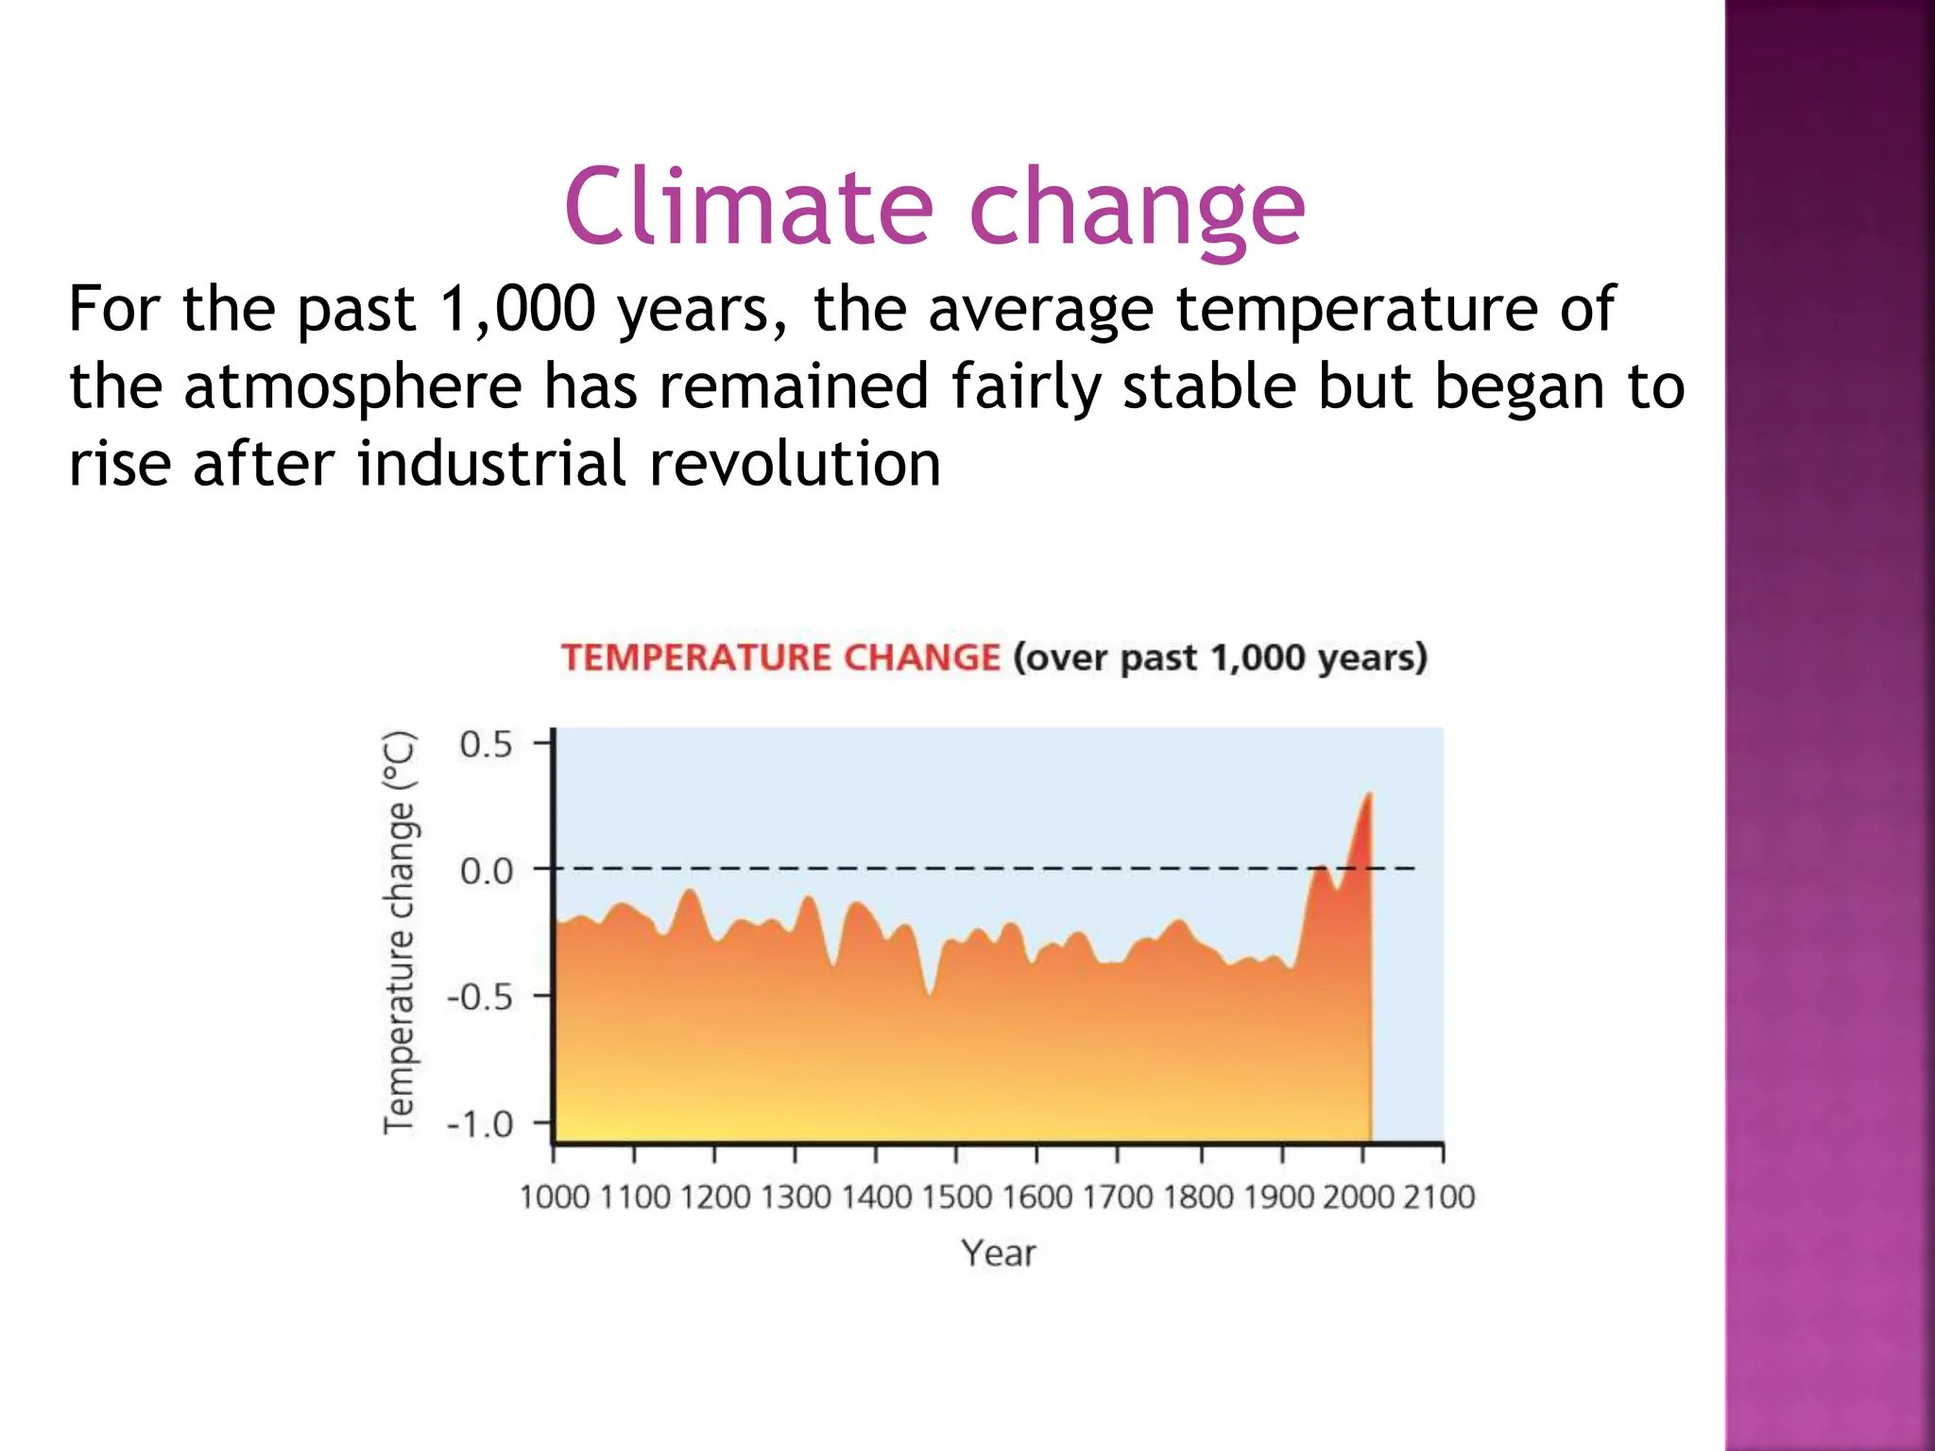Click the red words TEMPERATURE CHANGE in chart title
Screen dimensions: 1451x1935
tap(780, 657)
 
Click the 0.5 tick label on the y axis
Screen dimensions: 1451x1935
tap(486, 745)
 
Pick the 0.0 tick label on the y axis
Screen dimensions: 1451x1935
tap(486, 871)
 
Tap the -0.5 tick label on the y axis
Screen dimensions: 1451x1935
tap(480, 998)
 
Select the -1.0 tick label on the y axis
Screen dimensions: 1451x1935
tap(480, 1125)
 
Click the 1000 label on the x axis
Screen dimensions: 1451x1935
tap(555, 1198)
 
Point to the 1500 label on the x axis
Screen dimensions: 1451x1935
tap(956, 1198)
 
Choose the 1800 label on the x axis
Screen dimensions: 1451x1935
tap(1198, 1198)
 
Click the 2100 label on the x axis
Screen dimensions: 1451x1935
tap(1439, 1198)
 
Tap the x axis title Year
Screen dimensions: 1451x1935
tap(999, 1254)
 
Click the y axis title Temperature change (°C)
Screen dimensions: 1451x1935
tap(399, 931)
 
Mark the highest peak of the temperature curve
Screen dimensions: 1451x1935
tap(1368, 795)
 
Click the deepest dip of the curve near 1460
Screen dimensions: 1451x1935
tap(930, 994)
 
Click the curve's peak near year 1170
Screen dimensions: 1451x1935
tap(691, 892)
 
